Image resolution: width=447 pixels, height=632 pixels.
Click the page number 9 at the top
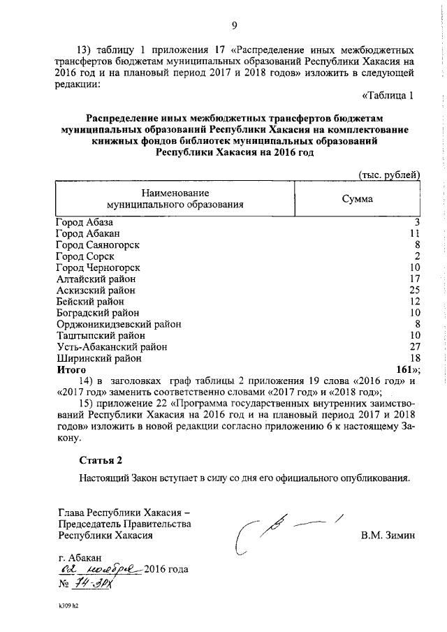(235, 27)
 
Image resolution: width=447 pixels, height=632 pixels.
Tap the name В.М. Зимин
(388, 536)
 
